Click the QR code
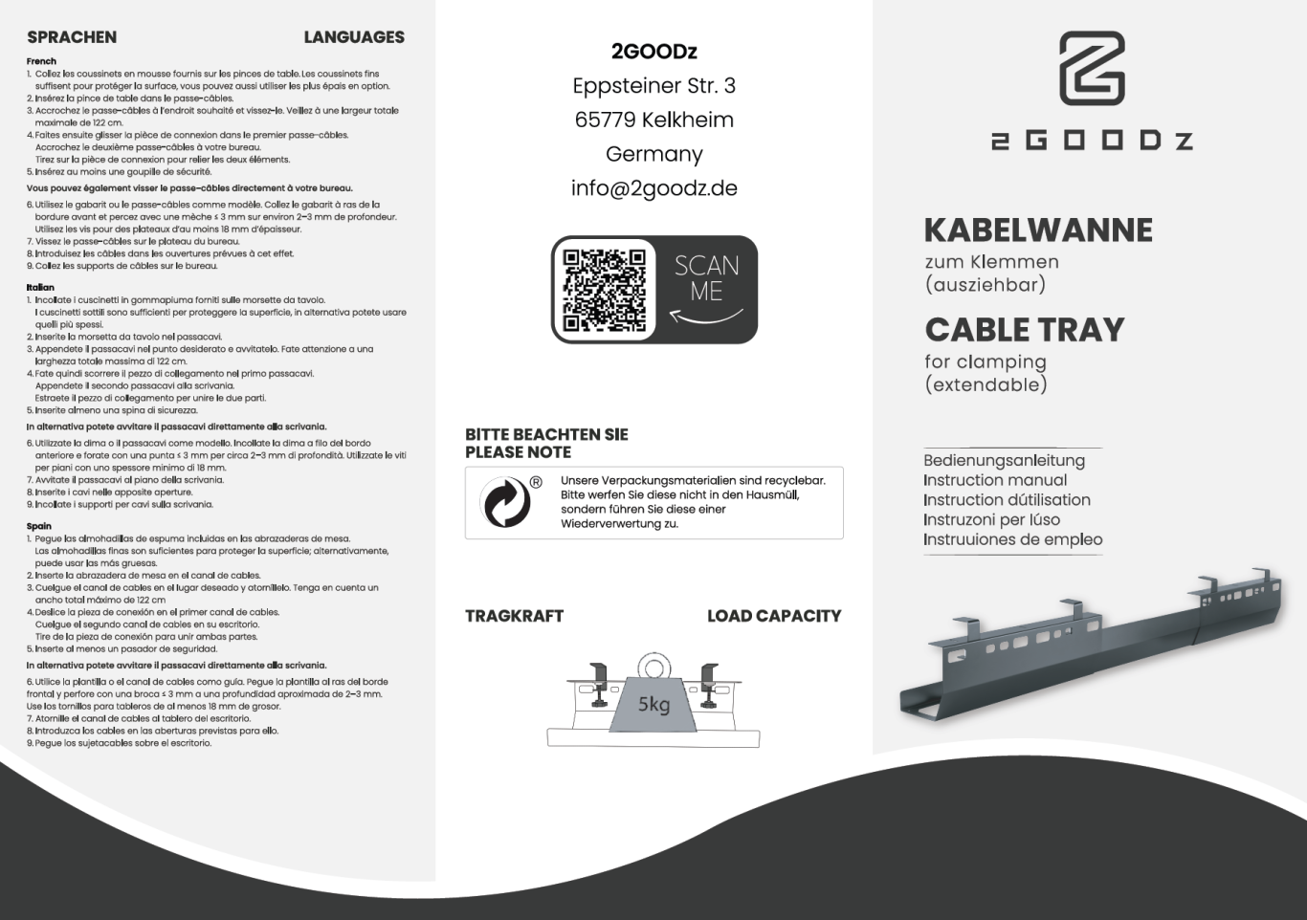tap(604, 289)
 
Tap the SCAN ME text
tap(706, 278)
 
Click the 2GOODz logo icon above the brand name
tap(1092, 68)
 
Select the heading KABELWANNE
tap(1038, 230)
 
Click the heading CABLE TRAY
tap(1025, 330)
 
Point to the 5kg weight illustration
tap(653, 696)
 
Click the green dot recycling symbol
tap(506, 502)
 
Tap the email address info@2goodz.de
tap(654, 188)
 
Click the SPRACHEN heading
tap(72, 37)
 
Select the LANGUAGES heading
tap(354, 37)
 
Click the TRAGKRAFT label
tap(514, 616)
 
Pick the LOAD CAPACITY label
tap(774, 616)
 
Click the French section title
tap(41, 61)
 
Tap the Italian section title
tap(40, 287)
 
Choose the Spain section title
tap(39, 526)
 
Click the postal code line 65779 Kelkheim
tap(654, 120)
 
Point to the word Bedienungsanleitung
tap(1004, 460)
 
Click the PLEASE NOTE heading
tap(518, 452)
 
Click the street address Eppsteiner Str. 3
tap(654, 86)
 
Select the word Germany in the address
tap(654, 154)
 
